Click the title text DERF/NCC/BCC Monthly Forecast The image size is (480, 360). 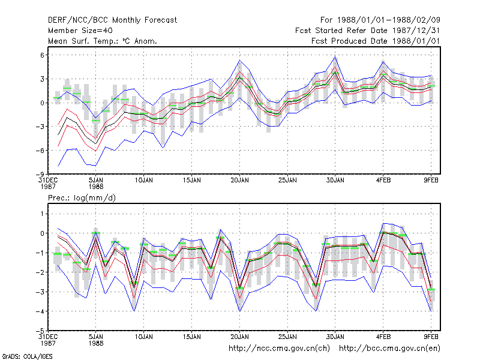click(112, 20)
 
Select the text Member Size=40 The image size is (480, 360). click(80, 31)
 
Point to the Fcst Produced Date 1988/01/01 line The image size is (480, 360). click(376, 41)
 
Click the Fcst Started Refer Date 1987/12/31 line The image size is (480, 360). click(367, 31)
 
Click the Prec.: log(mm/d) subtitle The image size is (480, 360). click(82, 198)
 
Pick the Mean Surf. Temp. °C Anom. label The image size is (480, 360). click(103, 41)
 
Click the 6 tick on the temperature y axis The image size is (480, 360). click(42, 55)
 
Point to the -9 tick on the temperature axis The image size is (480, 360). click(41, 174)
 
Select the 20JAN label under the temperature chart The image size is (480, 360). click(239, 181)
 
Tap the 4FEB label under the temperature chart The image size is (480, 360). click(383, 181)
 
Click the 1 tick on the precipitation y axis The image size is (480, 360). click(42, 214)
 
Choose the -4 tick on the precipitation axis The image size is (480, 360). click(41, 311)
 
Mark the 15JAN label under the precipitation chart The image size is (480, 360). click(192, 337)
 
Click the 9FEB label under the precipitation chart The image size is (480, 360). click(431, 337)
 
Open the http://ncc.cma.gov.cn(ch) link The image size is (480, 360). click(279, 349)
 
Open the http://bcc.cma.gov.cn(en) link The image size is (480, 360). click(389, 349)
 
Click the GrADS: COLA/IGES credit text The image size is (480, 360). click(27, 356)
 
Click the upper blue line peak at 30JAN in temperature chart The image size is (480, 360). click(335, 57)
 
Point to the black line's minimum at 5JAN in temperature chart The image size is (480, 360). click(95, 143)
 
